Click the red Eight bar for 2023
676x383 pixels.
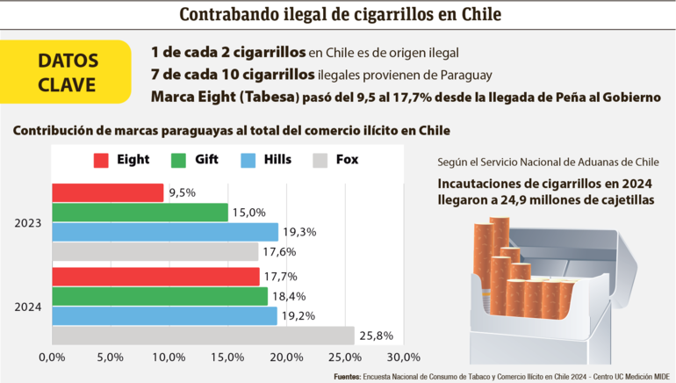pos(107,192)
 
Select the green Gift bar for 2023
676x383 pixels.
pos(140,213)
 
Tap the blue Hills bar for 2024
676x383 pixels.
pos(164,315)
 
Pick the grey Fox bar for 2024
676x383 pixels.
pos(203,336)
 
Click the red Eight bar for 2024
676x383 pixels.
pos(155,277)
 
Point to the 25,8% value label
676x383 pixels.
pos(375,336)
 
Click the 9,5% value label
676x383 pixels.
pos(182,192)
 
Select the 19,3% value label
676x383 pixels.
pos(298,232)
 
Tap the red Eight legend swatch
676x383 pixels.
pos(101,160)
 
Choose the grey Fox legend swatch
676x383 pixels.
pos(320,160)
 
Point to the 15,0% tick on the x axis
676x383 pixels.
pos(227,358)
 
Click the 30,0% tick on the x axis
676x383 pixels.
pos(403,358)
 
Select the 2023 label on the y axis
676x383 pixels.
pos(27,223)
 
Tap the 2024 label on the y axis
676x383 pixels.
pos(27,307)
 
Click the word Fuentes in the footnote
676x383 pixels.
pos(349,376)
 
